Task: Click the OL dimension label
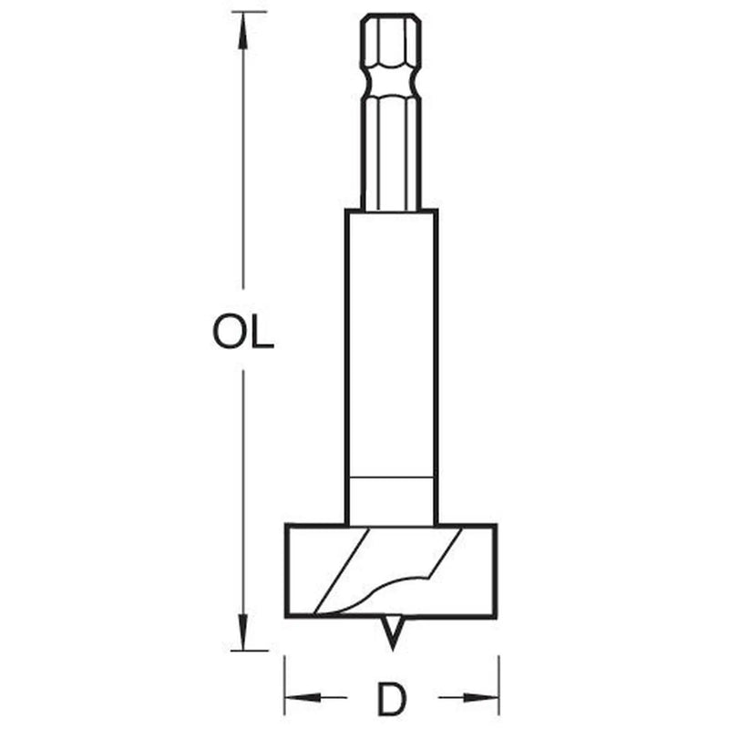coord(243,332)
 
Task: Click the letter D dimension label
coord(393,699)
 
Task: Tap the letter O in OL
coord(229,332)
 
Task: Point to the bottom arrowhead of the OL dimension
coord(242,631)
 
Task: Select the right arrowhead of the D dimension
coord(481,697)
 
